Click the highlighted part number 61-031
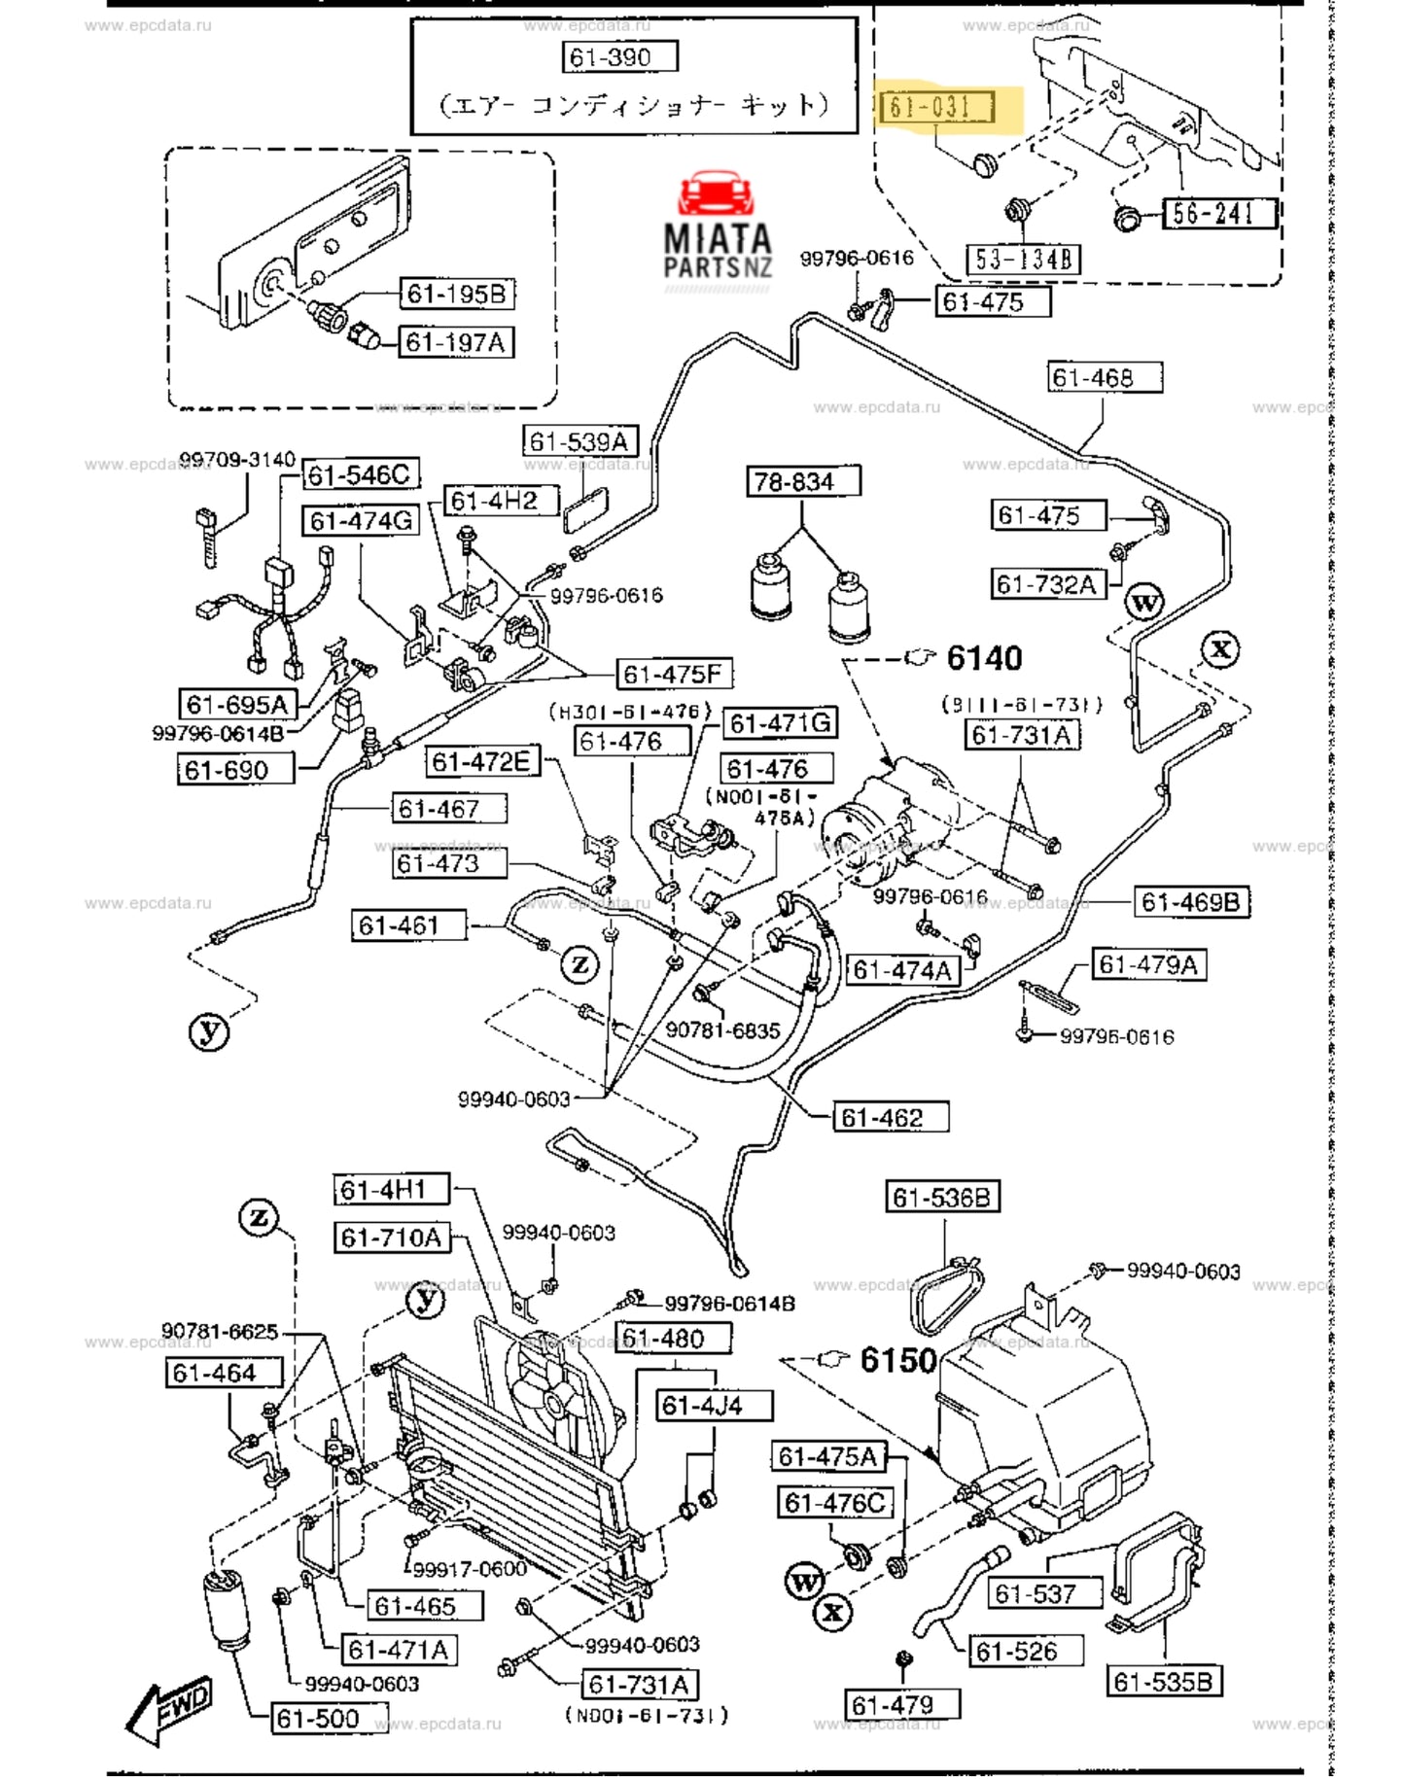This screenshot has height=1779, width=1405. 936,106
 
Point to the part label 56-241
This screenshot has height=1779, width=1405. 1218,213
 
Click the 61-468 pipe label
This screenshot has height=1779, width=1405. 1105,377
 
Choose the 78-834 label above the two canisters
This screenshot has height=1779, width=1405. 803,481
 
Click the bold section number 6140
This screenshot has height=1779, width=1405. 984,658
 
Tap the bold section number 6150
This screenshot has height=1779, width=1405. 897,1360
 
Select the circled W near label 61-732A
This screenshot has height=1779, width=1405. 1144,603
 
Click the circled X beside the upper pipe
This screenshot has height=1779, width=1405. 1220,648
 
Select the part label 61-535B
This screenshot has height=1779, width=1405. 1164,1681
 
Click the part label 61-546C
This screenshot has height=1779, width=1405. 359,474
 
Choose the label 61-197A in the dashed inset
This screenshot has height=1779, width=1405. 455,342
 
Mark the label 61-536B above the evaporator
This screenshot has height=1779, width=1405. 941,1197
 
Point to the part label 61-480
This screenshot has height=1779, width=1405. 671,1339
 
